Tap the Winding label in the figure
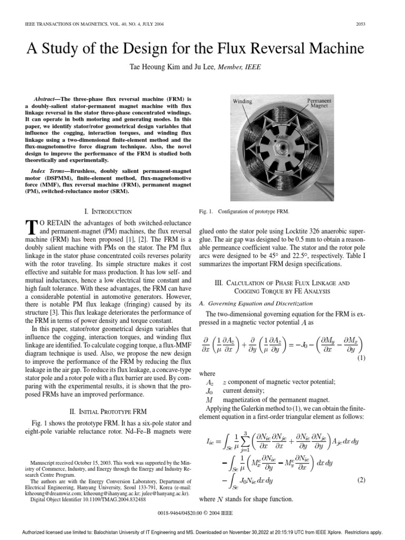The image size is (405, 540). [243, 101]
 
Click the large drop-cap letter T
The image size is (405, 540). [31, 227]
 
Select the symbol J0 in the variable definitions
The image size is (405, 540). [208, 391]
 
